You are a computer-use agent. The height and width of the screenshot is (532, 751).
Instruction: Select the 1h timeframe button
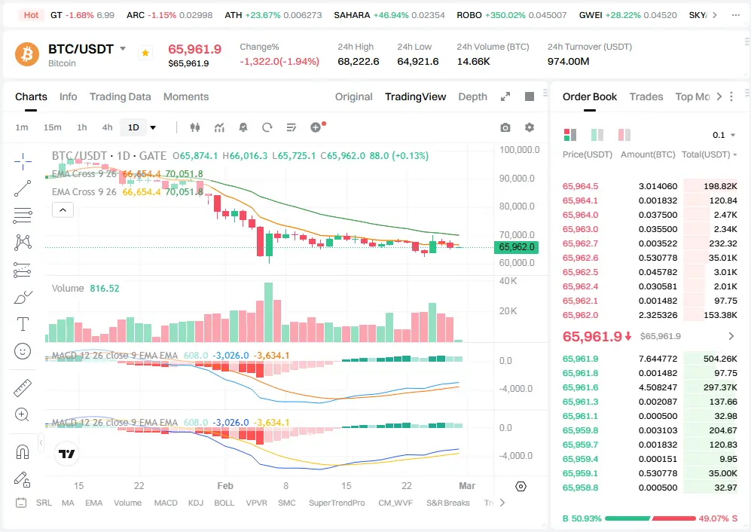[82, 127]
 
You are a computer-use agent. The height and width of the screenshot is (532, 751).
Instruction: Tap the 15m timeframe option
[52, 127]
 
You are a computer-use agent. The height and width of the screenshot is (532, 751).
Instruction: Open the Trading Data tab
[120, 96]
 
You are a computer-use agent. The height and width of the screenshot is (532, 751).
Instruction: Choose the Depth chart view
[472, 96]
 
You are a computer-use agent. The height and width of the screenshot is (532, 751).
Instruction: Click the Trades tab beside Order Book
[646, 96]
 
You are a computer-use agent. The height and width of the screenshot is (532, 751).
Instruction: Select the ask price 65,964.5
[581, 186]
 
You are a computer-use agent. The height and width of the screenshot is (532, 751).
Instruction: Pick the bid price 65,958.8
[581, 488]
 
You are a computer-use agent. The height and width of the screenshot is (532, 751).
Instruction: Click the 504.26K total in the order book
[721, 359]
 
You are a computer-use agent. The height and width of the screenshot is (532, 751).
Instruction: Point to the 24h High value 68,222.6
[358, 61]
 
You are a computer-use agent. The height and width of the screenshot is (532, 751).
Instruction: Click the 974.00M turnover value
[568, 61]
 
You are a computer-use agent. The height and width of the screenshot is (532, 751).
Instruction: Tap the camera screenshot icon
[505, 128]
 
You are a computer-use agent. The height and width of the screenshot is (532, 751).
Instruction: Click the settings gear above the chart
[530, 128]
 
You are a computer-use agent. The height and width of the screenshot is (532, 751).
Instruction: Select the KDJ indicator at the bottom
[196, 503]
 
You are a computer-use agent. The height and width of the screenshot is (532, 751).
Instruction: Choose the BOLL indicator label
[224, 503]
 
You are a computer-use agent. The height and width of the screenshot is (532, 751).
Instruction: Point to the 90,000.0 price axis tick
[520, 179]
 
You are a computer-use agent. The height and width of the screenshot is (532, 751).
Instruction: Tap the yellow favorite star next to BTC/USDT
[145, 53]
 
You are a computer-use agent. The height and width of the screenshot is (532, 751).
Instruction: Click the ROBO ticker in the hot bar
[469, 15]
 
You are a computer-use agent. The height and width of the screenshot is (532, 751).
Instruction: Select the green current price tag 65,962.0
[516, 246]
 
